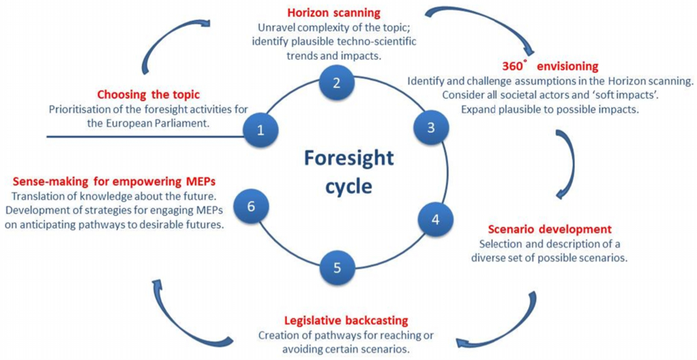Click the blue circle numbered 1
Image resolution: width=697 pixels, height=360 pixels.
tap(261, 130)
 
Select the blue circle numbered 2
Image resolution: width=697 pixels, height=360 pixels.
tap(337, 83)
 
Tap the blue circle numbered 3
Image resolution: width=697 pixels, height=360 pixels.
tap(431, 127)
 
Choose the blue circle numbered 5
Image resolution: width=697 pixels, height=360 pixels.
tap(337, 268)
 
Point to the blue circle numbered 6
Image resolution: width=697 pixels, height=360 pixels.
tap(251, 206)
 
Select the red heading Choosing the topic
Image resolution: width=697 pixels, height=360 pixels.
tap(148, 95)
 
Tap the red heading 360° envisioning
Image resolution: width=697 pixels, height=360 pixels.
tap(550, 66)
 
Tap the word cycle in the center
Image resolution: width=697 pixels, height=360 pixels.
tap(350, 186)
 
